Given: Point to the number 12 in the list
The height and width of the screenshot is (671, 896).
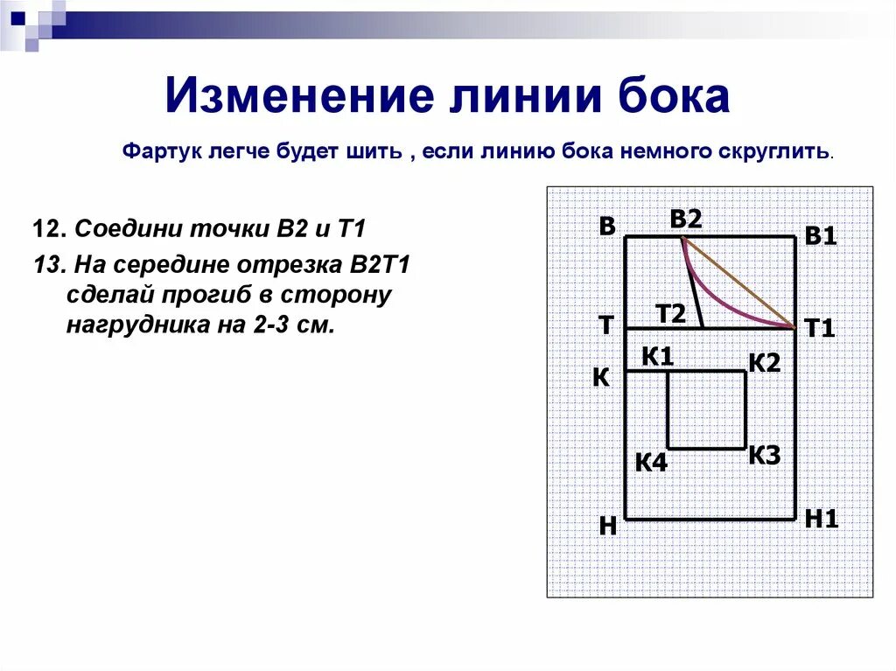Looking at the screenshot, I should [x=45, y=230].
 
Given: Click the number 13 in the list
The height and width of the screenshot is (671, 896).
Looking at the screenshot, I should [x=45, y=263].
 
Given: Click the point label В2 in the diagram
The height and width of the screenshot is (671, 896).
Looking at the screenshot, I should [x=687, y=220].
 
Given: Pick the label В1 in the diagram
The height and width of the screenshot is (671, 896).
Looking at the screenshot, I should [x=821, y=236].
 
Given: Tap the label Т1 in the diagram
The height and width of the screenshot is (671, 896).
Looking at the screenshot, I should [x=821, y=329].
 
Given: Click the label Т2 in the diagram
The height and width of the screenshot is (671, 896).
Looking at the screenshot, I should [x=672, y=313].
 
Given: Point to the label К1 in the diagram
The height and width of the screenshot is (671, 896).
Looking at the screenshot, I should [x=657, y=356].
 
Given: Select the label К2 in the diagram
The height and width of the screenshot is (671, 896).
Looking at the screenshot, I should [x=763, y=362].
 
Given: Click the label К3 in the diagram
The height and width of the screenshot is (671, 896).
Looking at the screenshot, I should [x=764, y=455].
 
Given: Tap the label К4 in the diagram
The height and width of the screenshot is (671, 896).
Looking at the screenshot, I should [x=651, y=462].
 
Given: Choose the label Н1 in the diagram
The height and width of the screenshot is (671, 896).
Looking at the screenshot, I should [x=822, y=518].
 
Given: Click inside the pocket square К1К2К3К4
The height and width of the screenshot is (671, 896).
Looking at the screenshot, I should [x=707, y=410].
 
